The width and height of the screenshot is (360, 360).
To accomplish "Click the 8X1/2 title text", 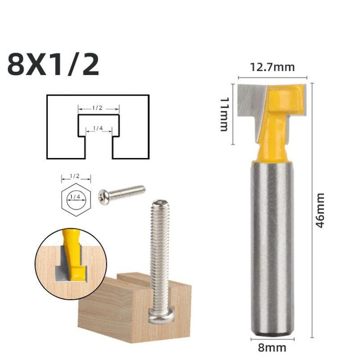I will coord(53,66).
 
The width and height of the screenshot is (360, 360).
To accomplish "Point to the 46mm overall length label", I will coord(320,210).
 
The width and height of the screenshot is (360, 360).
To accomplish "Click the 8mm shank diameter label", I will coord(273,347).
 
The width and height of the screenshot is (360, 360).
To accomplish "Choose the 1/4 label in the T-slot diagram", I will coord(98,129).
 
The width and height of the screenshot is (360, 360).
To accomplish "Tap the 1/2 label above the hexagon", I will coord(76,177).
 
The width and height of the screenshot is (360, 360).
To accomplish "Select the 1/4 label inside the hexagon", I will coord(76,197).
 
